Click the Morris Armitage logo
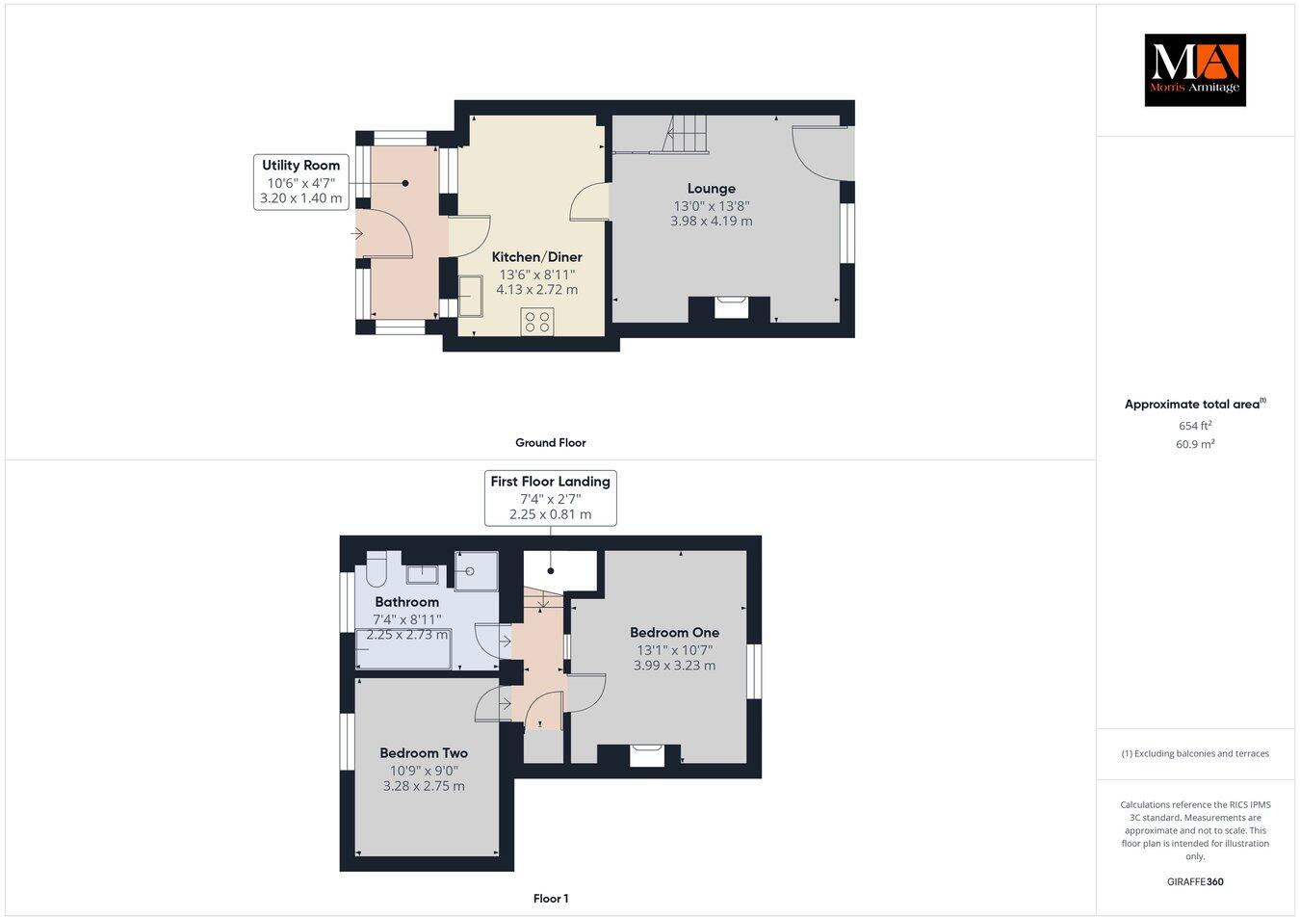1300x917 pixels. pos(1194,69)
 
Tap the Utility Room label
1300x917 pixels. pos(300,166)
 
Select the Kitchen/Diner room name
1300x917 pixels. pos(536,257)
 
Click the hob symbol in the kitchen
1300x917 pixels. pos(536,322)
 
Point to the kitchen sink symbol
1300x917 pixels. pos(471,295)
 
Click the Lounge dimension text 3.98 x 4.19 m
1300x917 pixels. pos(711,221)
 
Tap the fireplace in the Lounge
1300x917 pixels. pos(729,308)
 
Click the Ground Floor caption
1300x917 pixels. pos(550,443)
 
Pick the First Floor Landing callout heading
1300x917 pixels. pos(550,482)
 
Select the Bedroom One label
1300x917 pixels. pos(674,633)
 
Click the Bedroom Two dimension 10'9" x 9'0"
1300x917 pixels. pos(424,771)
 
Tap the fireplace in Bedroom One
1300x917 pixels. pos(647,754)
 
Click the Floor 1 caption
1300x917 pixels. pos(551,899)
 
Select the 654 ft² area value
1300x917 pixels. pos(1195,425)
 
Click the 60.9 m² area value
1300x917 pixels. pos(1195,444)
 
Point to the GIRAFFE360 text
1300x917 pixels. pos(1194,881)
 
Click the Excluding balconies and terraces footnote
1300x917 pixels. pos(1195,753)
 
